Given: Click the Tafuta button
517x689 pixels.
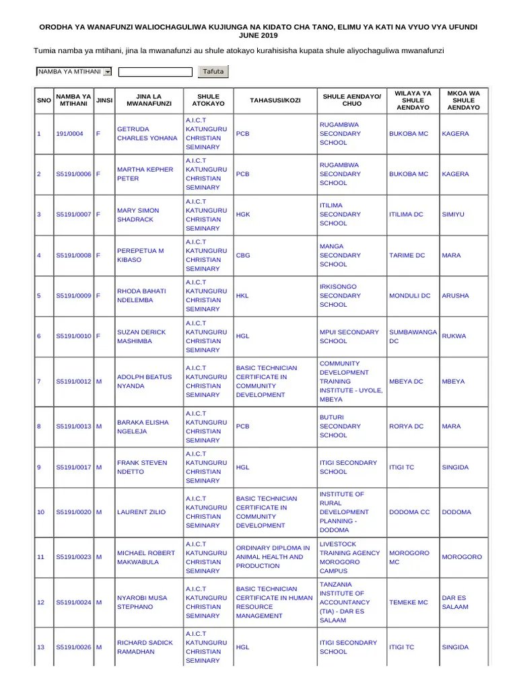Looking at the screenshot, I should (x=213, y=71).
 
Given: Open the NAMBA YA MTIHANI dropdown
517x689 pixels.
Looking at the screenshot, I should (x=74, y=71).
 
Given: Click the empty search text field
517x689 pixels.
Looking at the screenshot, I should (x=155, y=71).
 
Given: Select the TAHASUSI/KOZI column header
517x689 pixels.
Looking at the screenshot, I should (x=275, y=100).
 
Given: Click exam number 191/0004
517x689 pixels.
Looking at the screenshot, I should (x=69, y=134).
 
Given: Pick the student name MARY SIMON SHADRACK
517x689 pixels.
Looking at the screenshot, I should (x=138, y=215).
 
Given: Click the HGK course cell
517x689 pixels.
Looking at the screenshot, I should (x=243, y=215).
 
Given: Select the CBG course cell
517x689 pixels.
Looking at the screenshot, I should (x=243, y=256).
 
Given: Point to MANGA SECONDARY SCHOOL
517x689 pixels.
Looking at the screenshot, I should (x=340, y=256).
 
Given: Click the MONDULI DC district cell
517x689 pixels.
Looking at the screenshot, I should (x=409, y=296).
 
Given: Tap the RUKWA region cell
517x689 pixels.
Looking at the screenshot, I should (x=454, y=336).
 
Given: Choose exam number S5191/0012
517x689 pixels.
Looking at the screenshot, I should (x=73, y=382).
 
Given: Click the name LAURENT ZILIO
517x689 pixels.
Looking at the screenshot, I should (x=141, y=512).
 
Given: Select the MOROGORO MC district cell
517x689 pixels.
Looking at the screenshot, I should (x=409, y=557).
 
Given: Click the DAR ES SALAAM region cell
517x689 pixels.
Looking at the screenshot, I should (x=455, y=602).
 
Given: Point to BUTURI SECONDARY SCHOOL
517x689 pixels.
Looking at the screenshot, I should (x=340, y=427).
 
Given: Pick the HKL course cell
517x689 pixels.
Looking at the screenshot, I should (x=242, y=296).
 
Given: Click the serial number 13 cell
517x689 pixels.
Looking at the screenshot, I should (x=41, y=647).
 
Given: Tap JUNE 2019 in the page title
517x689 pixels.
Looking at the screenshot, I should (x=258, y=35).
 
